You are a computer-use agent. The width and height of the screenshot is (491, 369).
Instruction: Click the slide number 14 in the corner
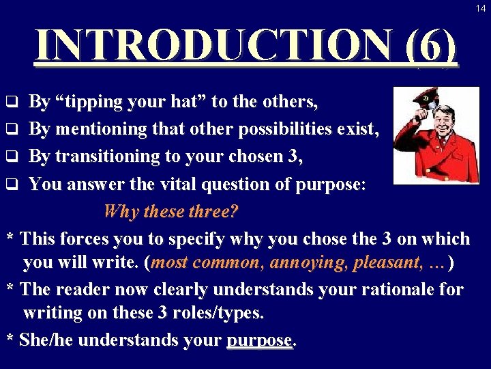481,8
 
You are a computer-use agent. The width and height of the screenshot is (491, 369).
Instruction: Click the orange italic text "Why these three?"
170,211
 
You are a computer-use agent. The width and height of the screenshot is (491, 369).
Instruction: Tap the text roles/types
215,314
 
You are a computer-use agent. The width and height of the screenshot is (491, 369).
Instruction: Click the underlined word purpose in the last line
259,340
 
